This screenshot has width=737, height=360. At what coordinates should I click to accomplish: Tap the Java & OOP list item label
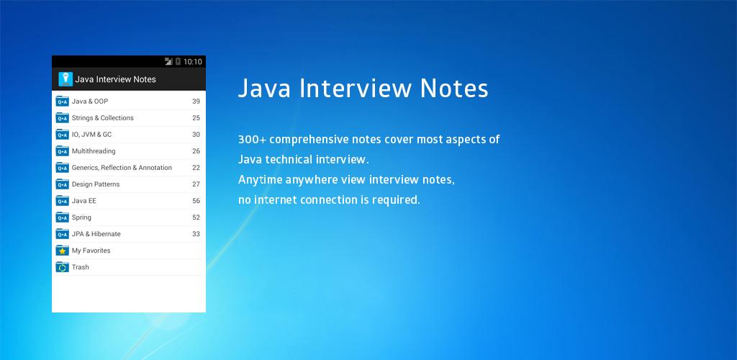coord(90,102)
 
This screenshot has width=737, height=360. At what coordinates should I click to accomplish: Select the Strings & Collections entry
coord(102,118)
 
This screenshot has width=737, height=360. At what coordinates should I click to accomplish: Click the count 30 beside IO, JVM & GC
coord(196,135)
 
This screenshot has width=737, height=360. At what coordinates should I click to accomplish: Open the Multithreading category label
coord(94,151)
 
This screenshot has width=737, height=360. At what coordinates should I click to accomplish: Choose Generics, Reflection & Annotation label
coord(122,168)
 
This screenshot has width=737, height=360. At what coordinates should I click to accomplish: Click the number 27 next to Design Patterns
coord(196,184)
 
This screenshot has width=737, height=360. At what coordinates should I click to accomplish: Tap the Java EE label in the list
coord(84,201)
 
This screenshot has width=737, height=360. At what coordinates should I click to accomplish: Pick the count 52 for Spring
coord(196,217)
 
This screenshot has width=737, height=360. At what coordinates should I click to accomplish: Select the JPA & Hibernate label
coord(96,234)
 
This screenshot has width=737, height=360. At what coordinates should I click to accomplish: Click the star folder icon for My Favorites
coord(63,251)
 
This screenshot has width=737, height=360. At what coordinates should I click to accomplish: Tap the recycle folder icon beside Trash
coord(63,267)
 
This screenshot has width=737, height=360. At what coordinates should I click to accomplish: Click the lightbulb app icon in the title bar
coord(65,79)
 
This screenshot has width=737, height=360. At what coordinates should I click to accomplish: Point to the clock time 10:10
coord(193,62)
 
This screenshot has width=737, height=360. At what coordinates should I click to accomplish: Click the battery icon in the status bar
coord(178,62)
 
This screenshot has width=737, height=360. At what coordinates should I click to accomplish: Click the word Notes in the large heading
coord(454,89)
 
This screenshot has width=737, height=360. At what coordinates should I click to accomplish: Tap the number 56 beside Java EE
coord(196,201)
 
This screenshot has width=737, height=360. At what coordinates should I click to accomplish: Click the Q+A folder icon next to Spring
coord(63,217)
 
